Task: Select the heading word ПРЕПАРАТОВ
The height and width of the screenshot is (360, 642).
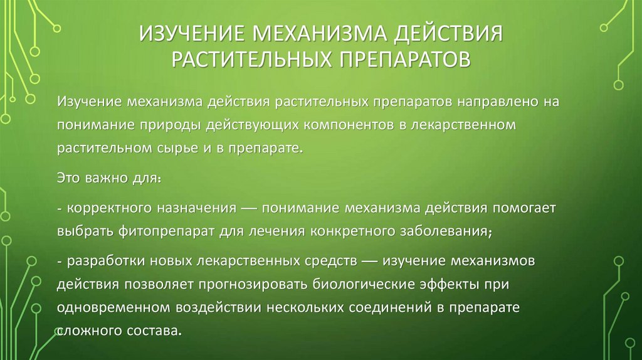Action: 404,60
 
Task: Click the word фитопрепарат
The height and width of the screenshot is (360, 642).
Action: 166,231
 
